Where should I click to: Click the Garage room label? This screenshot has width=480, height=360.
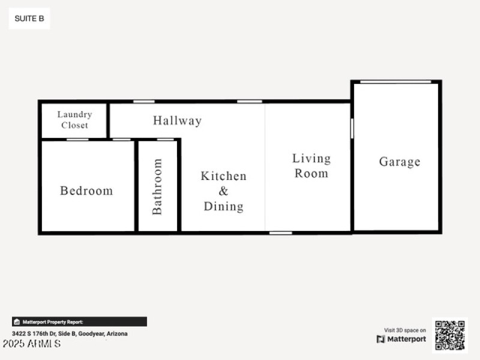pos(400,162)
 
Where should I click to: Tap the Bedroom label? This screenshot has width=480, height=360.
pos(86,191)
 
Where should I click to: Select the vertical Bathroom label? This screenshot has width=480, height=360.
pos(157,186)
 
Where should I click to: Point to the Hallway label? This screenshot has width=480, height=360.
pos(177,121)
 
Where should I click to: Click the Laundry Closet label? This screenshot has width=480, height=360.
pos(75,120)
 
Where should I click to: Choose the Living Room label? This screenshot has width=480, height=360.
pos(311,166)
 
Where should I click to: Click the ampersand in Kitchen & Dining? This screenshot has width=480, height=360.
pos(223,191)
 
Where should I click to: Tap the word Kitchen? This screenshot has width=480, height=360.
pos(223,176)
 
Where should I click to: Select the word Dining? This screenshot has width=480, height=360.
pos(223,206)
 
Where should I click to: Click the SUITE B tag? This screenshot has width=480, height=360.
pos(29,19)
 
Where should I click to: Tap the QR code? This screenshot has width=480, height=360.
pos(450,335)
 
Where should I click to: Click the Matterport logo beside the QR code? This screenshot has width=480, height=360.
pos(401,339)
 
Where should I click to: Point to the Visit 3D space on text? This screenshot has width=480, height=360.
pos(405,330)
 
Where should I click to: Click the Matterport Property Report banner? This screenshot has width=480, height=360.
pos(79,322)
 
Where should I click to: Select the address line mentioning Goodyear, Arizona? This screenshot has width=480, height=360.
pos(70,334)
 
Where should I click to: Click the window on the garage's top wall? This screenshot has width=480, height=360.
pos(395,82)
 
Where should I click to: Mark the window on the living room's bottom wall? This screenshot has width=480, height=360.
pos(280,232)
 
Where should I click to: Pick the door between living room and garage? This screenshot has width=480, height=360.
pos(352,128)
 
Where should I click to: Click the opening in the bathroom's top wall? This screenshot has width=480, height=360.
pos(165,139)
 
